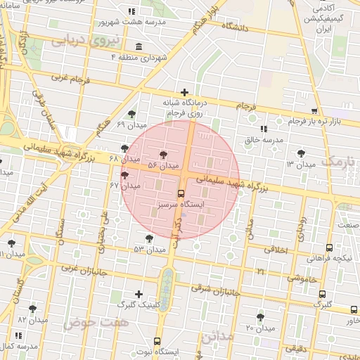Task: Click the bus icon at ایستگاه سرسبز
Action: [181, 193]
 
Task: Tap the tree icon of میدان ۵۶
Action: [164, 154]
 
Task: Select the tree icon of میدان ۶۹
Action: [131, 114]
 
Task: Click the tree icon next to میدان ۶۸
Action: [125, 148]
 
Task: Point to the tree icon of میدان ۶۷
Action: [125, 175]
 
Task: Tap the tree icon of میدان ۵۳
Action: [150, 238]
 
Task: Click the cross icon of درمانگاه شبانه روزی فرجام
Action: [185, 92]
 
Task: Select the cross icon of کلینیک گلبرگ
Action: [139, 294]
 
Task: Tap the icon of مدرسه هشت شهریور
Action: [131, 11]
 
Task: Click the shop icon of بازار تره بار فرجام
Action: [314, 111]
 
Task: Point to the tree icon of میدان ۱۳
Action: [301, 153]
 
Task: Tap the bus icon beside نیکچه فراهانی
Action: [329, 247]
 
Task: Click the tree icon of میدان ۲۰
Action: [261, 317]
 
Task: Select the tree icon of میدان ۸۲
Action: [32, 309]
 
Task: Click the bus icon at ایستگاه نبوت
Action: [157, 340]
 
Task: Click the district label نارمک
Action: [337, 161]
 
